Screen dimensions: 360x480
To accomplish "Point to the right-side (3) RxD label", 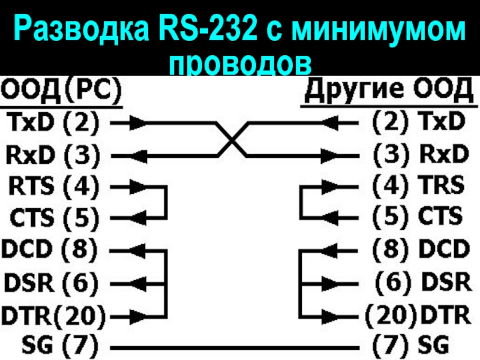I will pos(420,154).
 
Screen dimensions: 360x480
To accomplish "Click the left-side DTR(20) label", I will pos(54,313).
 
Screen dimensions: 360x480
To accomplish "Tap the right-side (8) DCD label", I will pos(420,247).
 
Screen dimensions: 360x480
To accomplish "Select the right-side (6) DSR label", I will pos(422,280).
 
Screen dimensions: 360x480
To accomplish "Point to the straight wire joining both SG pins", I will pos(234,347).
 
